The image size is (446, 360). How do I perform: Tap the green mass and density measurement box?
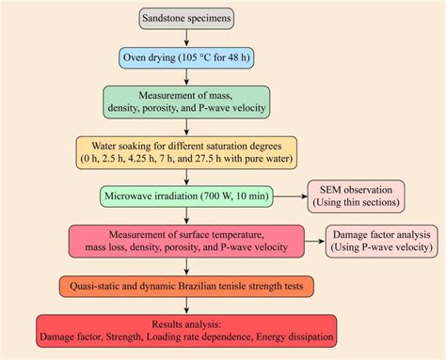pyautogui.click(x=187, y=102)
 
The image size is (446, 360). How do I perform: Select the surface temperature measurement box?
pyautogui.click(x=187, y=240)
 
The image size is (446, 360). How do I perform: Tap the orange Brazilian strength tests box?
pyautogui.click(x=187, y=284)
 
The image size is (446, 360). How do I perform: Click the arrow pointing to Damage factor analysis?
pyautogui.click(x=311, y=240)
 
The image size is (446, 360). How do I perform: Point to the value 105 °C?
pyautogui.click(x=200, y=59)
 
